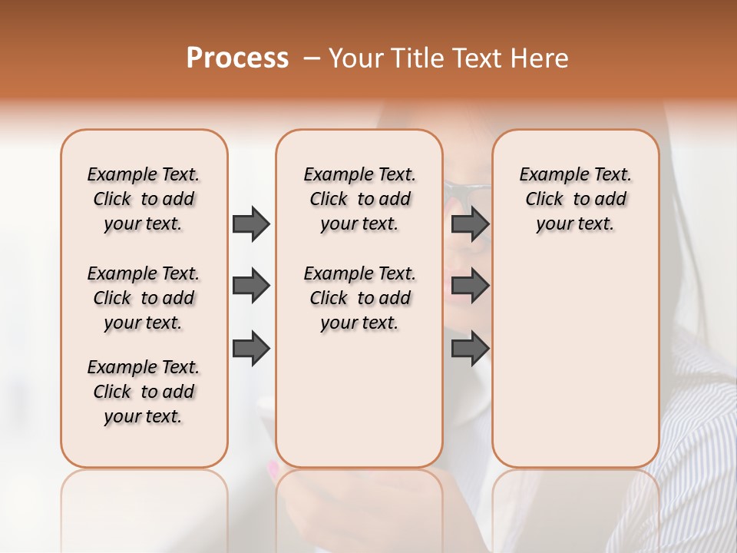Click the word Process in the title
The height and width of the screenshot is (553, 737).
237,58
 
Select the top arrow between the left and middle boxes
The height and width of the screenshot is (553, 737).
251,224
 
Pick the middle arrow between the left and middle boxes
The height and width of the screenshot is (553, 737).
251,286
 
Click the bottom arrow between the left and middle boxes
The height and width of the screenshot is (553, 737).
251,348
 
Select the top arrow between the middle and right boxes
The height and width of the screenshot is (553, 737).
470,224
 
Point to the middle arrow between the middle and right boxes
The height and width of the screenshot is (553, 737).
470,286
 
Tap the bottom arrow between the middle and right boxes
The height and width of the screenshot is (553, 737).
470,348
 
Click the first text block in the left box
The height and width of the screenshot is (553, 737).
144,199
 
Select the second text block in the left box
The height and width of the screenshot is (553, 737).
144,298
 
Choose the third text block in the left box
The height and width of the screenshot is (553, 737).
144,392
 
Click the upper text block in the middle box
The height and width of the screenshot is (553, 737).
359,199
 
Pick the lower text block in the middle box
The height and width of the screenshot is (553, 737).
359,298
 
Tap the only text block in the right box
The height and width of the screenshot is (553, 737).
576,199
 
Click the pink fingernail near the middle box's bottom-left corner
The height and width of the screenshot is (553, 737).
271,466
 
